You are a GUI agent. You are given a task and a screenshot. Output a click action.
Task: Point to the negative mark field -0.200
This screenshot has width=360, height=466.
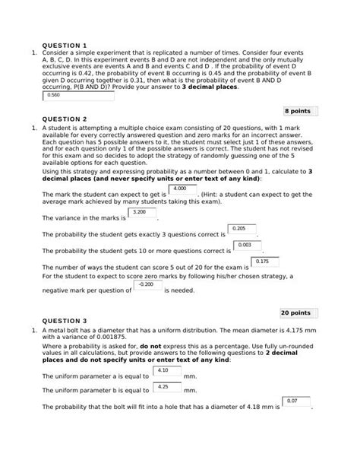click(150, 287)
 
